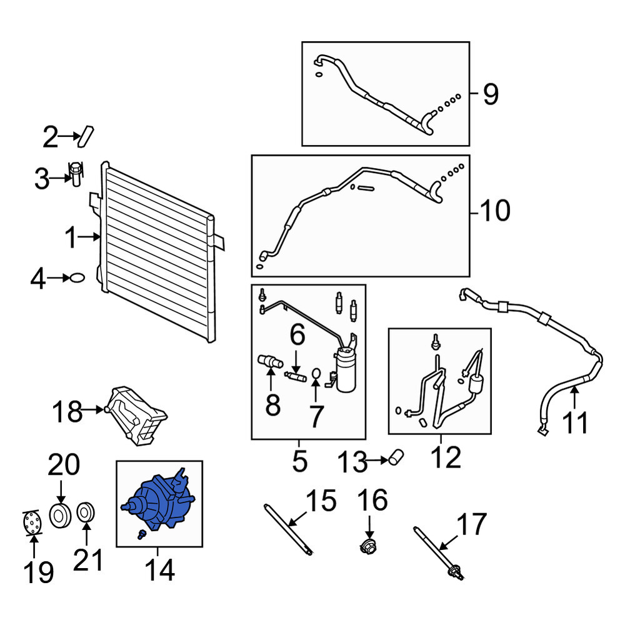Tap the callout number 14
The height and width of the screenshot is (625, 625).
[x=159, y=570]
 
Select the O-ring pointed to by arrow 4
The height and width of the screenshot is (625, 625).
[x=77, y=278]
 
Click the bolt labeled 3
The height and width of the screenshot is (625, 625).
[x=76, y=174]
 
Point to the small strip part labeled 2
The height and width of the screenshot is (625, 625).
[x=86, y=136]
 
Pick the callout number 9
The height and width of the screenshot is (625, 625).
[x=491, y=94]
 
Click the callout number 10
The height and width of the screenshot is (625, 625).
[x=495, y=211]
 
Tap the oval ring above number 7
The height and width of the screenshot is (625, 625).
[x=316, y=373]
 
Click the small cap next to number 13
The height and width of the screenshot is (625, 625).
[x=396, y=457]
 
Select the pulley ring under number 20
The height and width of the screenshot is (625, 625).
[x=60, y=516]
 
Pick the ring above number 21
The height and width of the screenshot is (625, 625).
[x=85, y=512]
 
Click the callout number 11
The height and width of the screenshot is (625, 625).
[x=575, y=423]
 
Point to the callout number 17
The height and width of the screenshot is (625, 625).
[x=471, y=524]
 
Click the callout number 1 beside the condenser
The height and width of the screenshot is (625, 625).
[x=71, y=237]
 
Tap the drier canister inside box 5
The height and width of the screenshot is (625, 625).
[x=346, y=370]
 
